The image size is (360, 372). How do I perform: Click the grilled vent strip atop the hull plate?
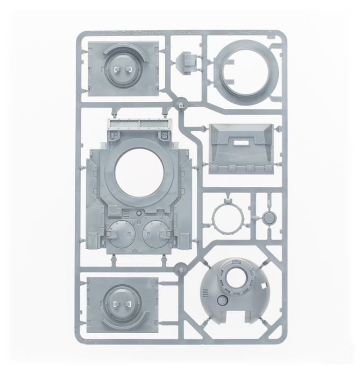coord(139,125)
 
